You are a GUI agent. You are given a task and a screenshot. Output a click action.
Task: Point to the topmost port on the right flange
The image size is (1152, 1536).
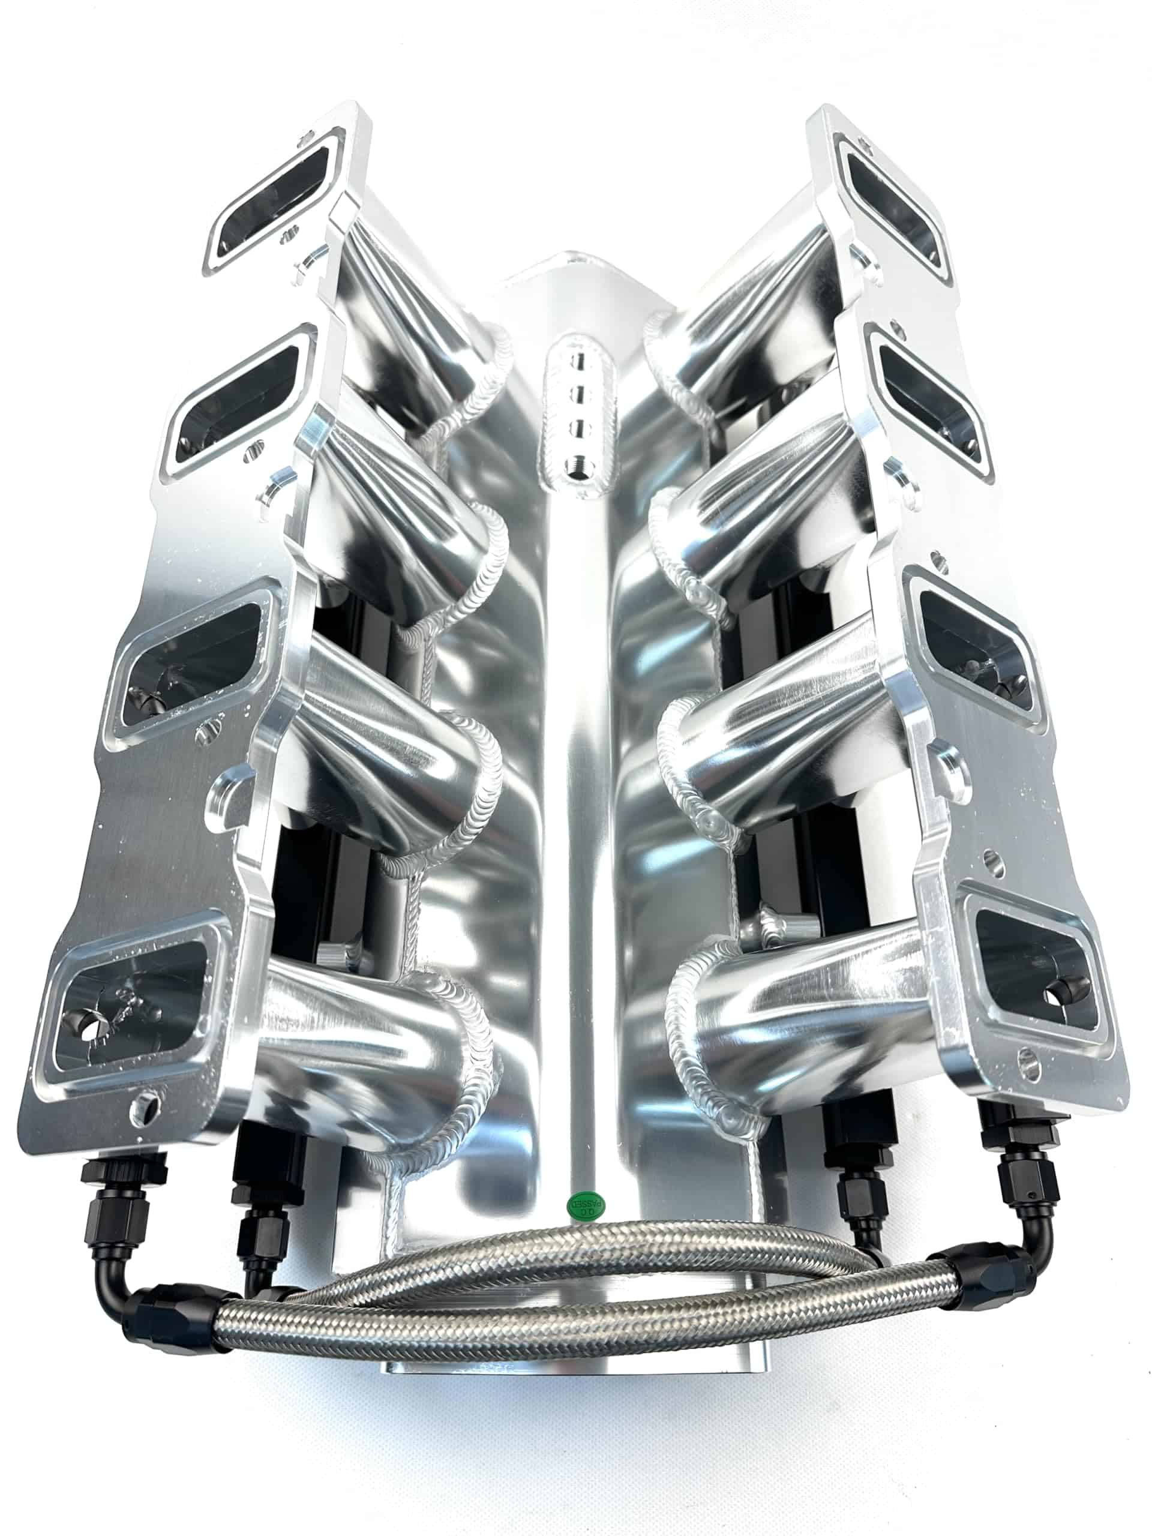pyautogui.click(x=893, y=208)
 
